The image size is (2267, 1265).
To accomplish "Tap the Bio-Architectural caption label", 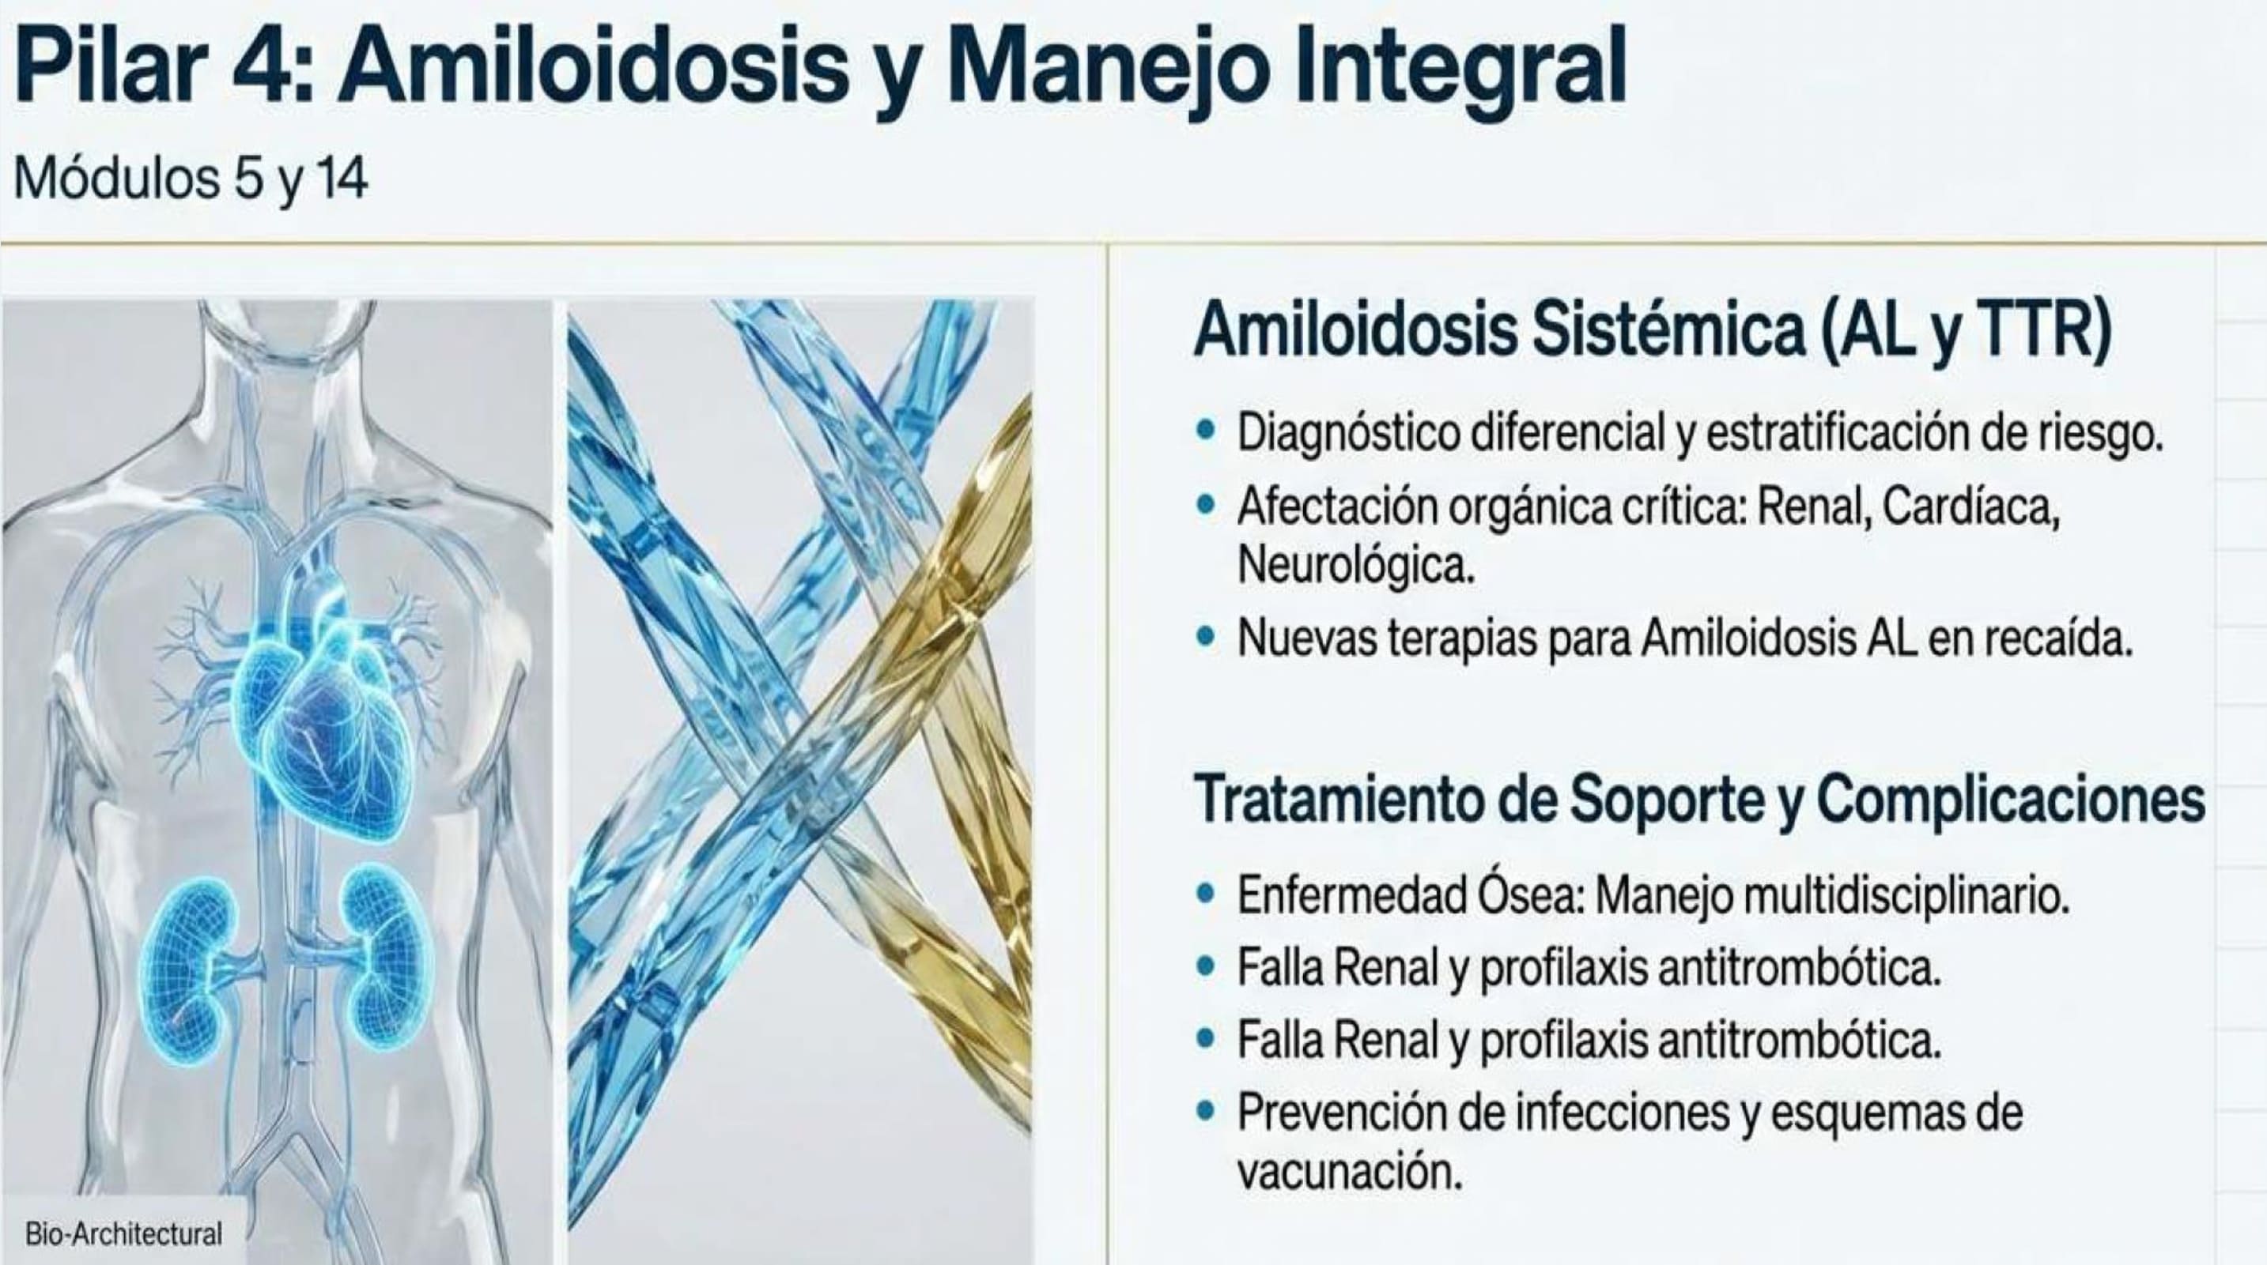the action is (x=124, y=1233).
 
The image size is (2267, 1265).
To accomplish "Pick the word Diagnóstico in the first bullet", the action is (x=1347, y=434).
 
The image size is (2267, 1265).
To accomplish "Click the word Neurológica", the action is (x=1355, y=564).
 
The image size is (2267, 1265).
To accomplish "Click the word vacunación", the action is (x=1349, y=1173).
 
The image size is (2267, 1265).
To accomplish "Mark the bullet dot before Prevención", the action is (x=1206, y=1115).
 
